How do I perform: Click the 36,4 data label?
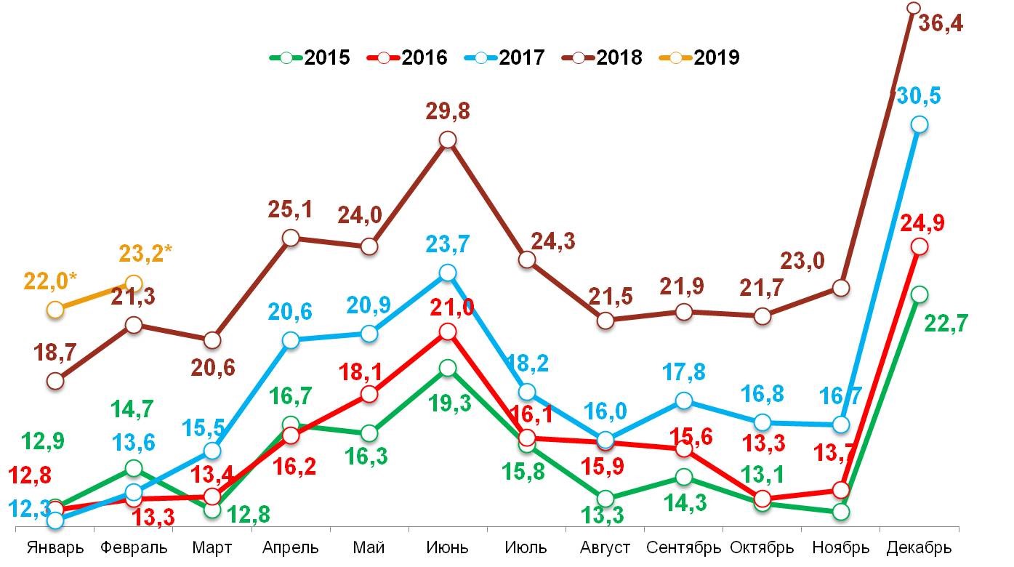click(x=961, y=23)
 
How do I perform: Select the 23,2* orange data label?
click(x=145, y=254)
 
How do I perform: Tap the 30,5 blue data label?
click(x=917, y=97)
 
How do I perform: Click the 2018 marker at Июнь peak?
click(x=448, y=140)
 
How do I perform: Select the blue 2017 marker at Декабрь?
click(x=920, y=124)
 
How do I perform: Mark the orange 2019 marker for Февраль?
click(x=134, y=283)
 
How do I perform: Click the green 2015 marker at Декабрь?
click(x=920, y=294)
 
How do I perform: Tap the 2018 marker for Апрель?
click(x=291, y=237)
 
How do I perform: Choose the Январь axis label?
click(x=55, y=547)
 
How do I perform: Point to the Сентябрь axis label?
click(x=683, y=547)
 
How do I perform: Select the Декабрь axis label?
click(x=919, y=547)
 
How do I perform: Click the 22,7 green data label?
click(x=946, y=323)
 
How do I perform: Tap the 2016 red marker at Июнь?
click(x=448, y=331)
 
